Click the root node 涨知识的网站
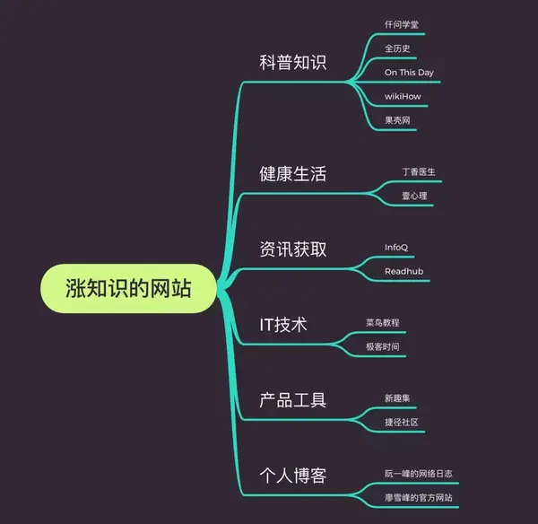click(x=129, y=289)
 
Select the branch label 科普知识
click(x=292, y=63)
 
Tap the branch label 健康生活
click(x=292, y=174)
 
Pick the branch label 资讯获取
click(x=292, y=249)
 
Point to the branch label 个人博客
click(x=292, y=476)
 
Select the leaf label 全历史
click(x=397, y=48)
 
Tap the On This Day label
click(x=410, y=72)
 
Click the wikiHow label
click(x=403, y=95)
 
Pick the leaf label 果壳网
click(x=397, y=119)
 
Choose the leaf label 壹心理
click(x=414, y=195)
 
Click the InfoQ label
click(x=397, y=247)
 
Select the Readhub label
click(x=403, y=271)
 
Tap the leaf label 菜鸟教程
click(x=383, y=322)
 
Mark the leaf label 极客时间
click(x=383, y=346)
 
